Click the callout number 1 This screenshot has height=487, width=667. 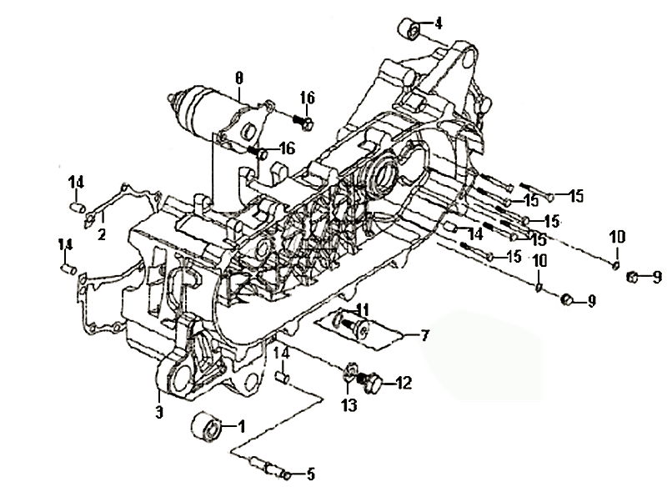(242, 426)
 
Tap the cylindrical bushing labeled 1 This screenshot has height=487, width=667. (206, 429)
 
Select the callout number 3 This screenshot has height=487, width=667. (158, 412)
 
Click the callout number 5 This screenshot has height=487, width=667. (310, 474)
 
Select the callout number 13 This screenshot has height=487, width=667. (349, 405)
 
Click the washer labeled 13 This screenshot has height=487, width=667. (351, 372)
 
